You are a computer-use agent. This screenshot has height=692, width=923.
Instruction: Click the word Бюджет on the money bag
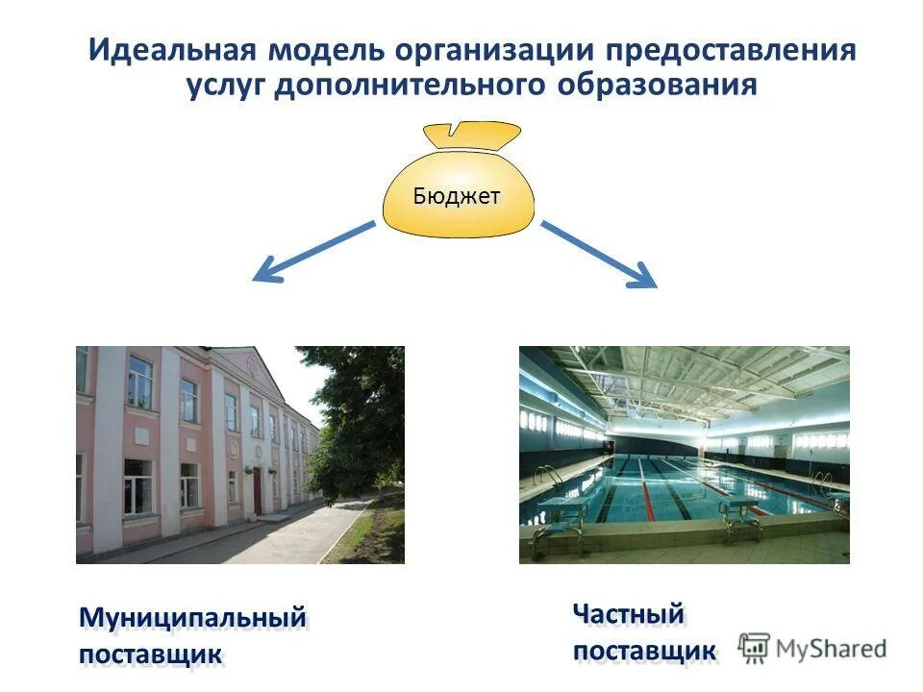pos(457,196)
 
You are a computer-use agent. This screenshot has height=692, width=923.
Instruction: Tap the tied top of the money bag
pos(472,135)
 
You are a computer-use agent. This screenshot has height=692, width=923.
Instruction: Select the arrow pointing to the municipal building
pos(312,252)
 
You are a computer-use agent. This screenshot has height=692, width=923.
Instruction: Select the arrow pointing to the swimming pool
pos(599,254)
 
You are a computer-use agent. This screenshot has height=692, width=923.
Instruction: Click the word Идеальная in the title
pos(172,50)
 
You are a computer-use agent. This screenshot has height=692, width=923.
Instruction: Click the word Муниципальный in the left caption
pos(192,618)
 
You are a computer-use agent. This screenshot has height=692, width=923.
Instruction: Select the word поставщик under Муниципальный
pos(151,655)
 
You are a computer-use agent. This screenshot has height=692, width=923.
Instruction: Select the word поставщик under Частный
pos(644,651)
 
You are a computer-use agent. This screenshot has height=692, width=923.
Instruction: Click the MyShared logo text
pos(831,648)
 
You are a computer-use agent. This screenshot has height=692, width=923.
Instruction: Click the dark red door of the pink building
pos(257,490)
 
